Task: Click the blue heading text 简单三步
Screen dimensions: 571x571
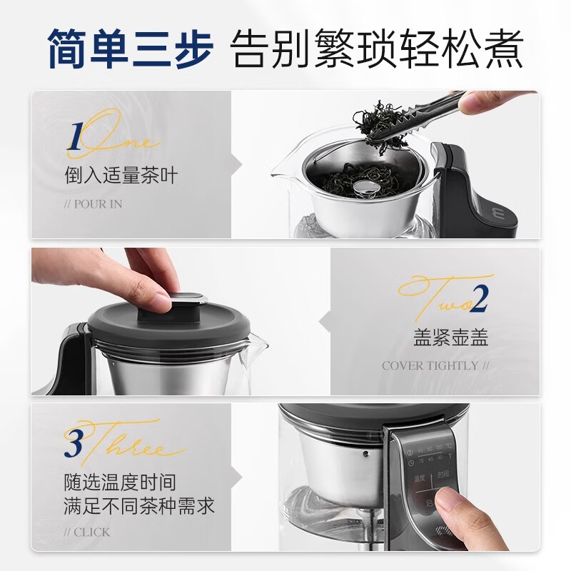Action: [x=130, y=49]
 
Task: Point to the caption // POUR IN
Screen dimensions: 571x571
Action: [x=93, y=204]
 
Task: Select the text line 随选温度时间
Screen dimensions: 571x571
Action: [x=121, y=482]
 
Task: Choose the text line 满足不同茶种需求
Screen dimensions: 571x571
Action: [x=139, y=507]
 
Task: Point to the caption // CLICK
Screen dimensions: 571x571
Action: [x=87, y=532]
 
